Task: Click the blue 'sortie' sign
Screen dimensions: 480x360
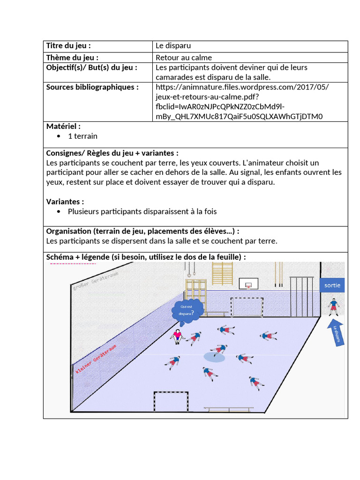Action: click(332, 285)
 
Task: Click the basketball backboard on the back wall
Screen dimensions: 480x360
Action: click(248, 284)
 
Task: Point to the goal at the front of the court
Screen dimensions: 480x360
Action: click(171, 401)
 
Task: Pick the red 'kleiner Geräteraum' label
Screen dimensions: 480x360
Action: click(96, 359)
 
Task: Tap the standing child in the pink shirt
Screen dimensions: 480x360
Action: click(177, 336)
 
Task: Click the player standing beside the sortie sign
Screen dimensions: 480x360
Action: click(333, 307)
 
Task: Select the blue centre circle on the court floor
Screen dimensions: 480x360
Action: click(214, 357)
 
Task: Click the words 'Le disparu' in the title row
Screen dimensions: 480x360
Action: click(173, 46)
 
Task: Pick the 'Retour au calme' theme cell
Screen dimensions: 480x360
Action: click(183, 58)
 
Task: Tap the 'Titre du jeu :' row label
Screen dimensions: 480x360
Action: click(68, 46)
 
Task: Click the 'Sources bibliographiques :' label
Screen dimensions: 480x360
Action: click(92, 87)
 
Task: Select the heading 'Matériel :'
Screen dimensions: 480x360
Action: click(63, 126)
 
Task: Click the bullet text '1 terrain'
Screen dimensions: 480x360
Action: click(82, 136)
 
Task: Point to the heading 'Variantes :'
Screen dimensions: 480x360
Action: click(65, 202)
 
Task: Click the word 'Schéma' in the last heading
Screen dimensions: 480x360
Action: click(60, 257)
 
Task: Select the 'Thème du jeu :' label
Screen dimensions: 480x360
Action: click(72, 58)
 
